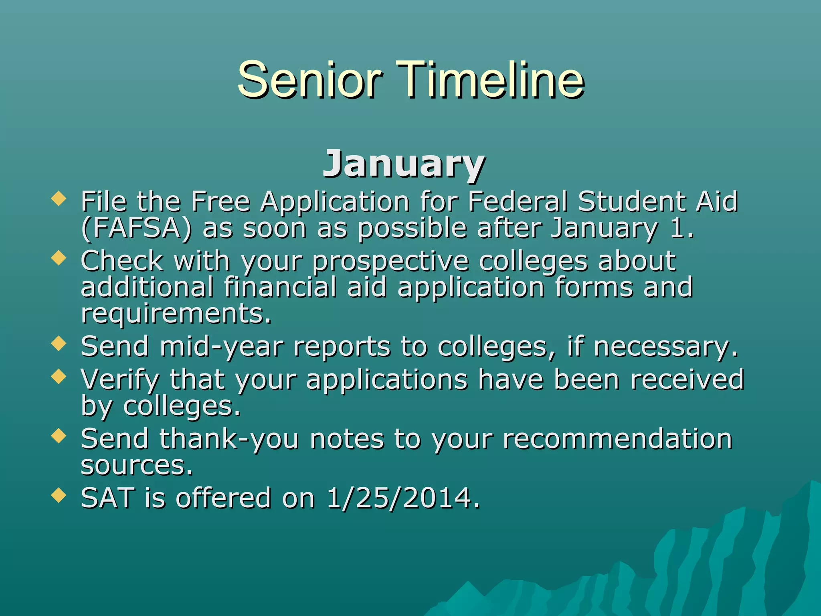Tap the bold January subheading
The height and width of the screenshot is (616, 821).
pos(404,164)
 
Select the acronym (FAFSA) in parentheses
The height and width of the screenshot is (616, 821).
pos(136,228)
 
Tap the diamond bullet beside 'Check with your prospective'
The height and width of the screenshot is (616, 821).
pos(59,258)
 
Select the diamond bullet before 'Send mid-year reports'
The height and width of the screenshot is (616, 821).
pos(59,344)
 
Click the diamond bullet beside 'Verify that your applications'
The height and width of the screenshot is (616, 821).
pos(59,377)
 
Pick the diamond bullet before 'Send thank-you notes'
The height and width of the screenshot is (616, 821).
pos(59,436)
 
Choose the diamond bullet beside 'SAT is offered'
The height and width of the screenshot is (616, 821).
pos(59,495)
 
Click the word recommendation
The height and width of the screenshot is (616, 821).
pos(618,439)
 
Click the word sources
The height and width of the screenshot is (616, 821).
pos(137,466)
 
